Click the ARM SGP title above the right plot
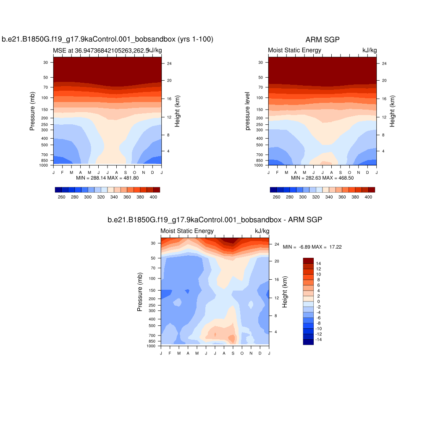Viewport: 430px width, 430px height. click(x=322, y=40)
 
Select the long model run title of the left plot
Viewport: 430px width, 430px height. click(x=107, y=40)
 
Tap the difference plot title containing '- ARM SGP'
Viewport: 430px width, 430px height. click(x=215, y=220)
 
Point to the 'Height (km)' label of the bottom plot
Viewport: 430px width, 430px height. click(x=285, y=292)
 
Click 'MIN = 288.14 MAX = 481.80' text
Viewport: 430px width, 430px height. click(x=107, y=178)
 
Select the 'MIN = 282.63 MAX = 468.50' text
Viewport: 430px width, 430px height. click(x=322, y=178)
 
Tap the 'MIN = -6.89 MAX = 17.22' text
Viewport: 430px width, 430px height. click(x=312, y=247)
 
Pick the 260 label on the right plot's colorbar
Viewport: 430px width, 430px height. click(x=276, y=197)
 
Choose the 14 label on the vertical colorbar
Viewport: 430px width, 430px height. click(x=319, y=263)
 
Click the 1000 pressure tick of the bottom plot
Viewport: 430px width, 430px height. click(x=151, y=346)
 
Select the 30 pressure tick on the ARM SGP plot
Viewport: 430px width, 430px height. click(x=261, y=62)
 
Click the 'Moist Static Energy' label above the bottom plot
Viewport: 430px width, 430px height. click(x=187, y=231)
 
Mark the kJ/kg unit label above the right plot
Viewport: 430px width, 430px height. click(x=370, y=50)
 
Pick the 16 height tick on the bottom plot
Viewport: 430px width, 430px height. click(x=276, y=280)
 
